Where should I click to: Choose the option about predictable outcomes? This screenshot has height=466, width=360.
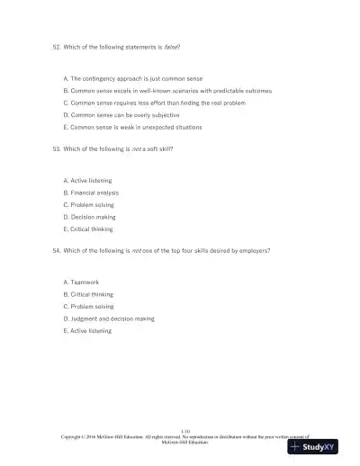click(x=167, y=91)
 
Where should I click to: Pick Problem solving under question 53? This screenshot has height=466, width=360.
click(x=88, y=204)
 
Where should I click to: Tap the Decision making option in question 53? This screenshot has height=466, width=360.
click(x=89, y=216)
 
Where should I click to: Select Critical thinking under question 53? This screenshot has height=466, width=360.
click(x=88, y=228)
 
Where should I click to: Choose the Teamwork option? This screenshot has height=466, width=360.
click(x=81, y=282)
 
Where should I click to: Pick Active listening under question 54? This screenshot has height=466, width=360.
click(x=87, y=330)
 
